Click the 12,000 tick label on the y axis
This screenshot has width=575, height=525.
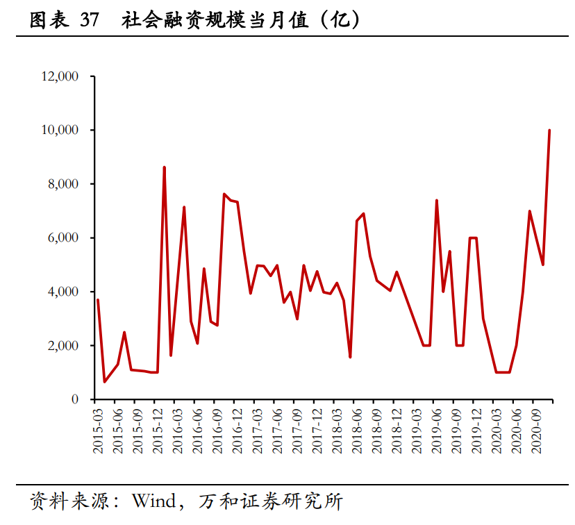coord(60,76)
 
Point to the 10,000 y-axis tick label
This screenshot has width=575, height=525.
coord(60,130)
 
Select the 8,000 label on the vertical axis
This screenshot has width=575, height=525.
coord(63,184)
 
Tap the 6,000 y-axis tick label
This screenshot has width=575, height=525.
coord(63,237)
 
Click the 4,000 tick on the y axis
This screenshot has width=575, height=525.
coord(63,292)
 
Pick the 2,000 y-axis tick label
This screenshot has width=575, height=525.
coord(63,345)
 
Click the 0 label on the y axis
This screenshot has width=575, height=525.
coord(74,399)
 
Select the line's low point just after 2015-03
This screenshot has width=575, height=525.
coord(105,381)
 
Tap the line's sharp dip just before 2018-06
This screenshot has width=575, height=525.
coord(350,357)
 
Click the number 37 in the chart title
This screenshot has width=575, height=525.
coord(89,20)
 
